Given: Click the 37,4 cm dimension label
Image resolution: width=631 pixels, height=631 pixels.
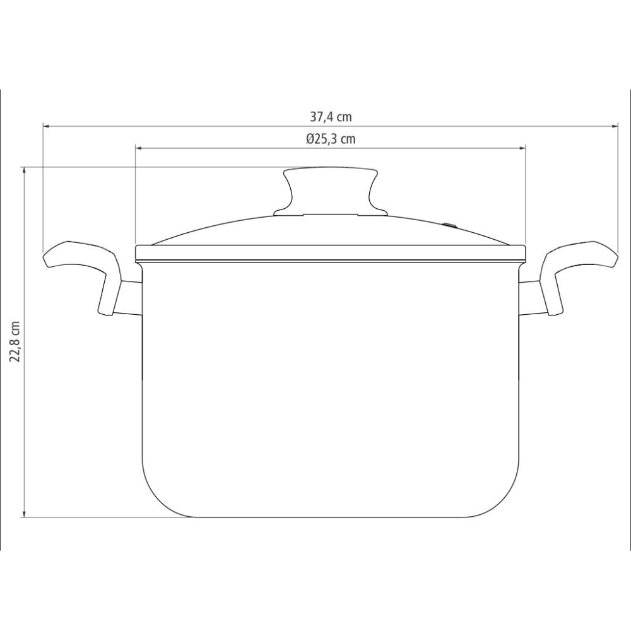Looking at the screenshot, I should [331, 116].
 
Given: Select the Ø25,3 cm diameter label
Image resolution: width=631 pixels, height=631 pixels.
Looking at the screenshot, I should [331, 139].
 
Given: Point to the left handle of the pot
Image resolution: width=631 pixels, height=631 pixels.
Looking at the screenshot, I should [82, 265].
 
